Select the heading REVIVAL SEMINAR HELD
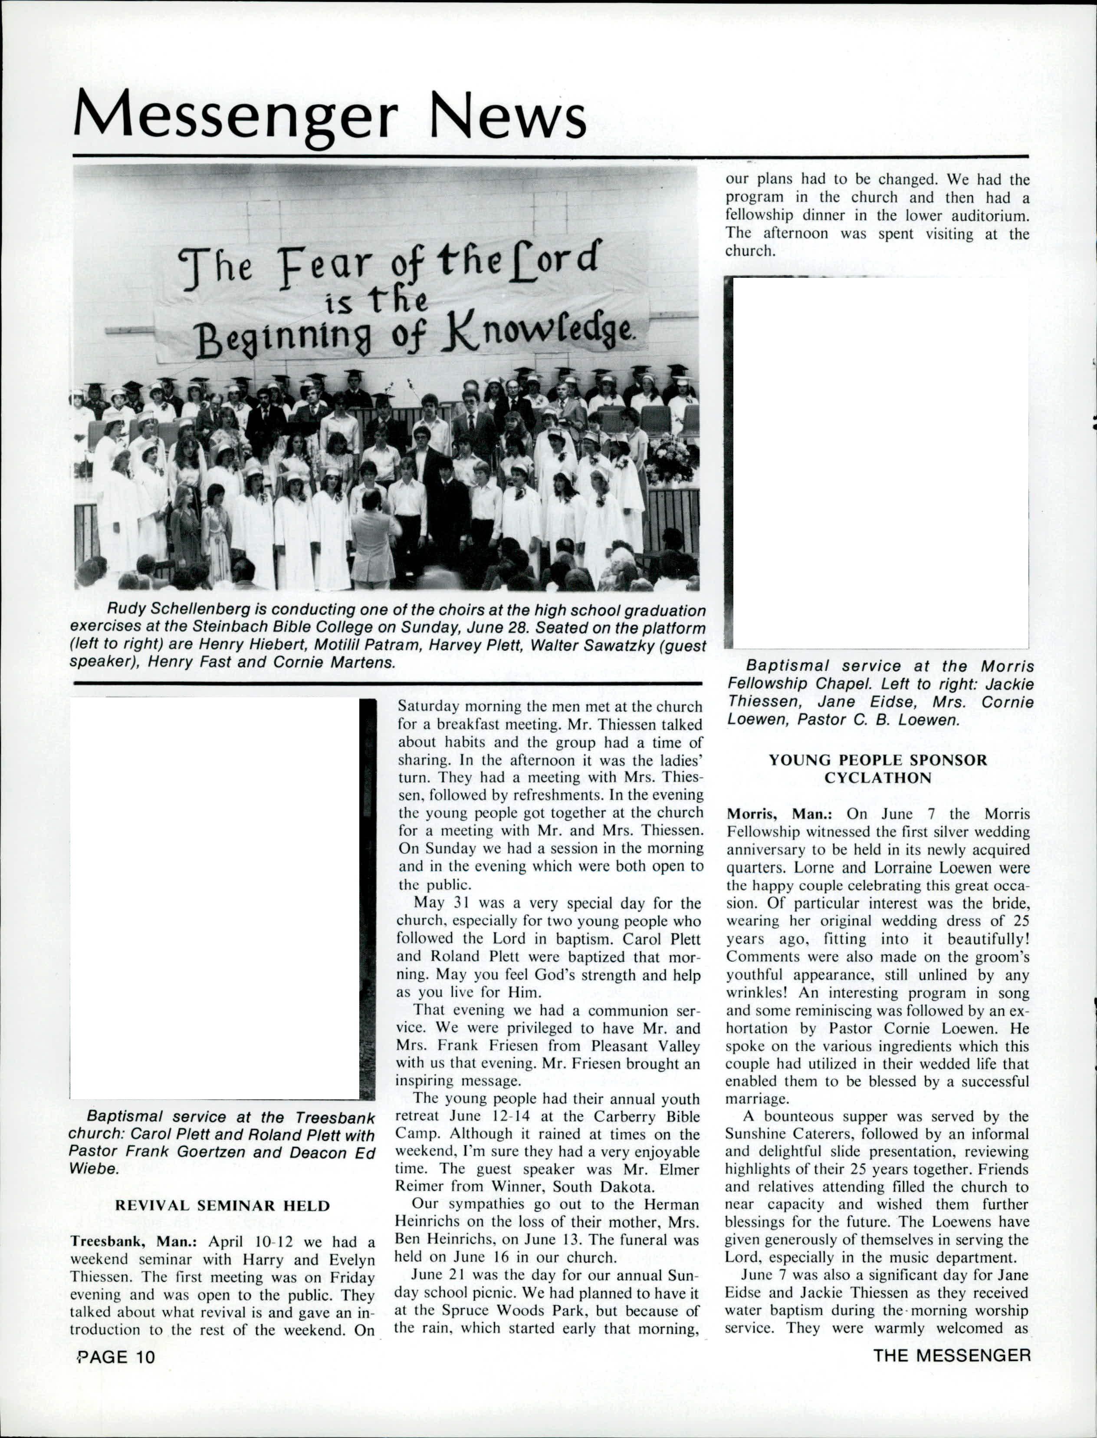(x=223, y=1205)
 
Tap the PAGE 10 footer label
(x=117, y=1357)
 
